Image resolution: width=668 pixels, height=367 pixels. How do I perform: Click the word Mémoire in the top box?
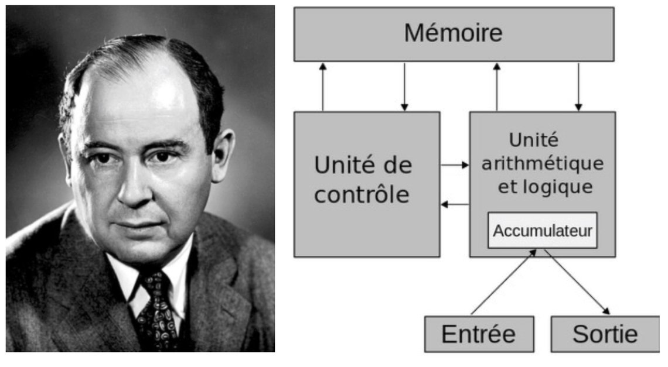tap(453, 33)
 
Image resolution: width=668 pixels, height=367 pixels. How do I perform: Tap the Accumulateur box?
tap(542, 230)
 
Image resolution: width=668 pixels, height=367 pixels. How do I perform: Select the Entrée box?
tap(478, 334)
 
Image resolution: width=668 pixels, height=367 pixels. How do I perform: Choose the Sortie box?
tap(605, 334)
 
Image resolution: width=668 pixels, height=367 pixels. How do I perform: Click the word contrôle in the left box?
tap(362, 194)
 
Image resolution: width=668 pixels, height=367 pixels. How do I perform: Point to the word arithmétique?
tap(542, 163)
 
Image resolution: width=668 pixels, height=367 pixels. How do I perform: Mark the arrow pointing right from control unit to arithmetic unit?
tap(455, 165)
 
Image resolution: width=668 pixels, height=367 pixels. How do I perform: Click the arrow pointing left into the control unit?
tap(455, 204)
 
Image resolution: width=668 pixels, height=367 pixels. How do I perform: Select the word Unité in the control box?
tap(340, 166)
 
